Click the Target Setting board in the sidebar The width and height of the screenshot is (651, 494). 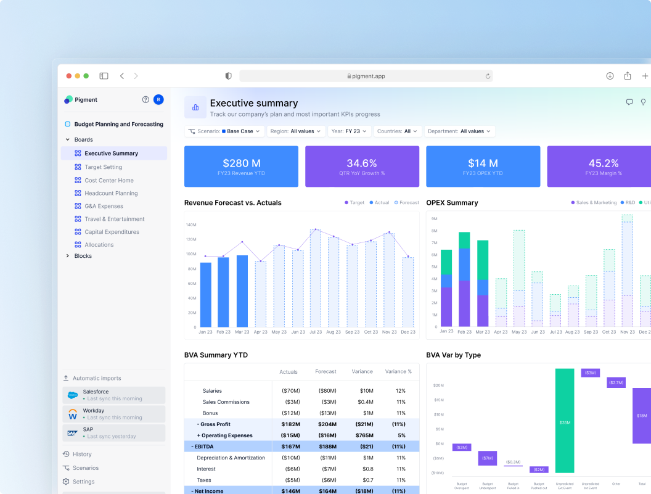pyautogui.click(x=103, y=167)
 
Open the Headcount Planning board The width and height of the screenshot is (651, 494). pyautogui.click(x=111, y=193)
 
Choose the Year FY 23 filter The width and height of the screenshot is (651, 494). pyautogui.click(x=349, y=131)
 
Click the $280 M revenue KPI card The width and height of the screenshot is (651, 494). pyautogui.click(x=241, y=167)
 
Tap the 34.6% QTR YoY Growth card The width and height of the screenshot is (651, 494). pyautogui.click(x=362, y=167)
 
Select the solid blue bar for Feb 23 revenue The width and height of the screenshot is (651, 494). pyautogui.click(x=223, y=292)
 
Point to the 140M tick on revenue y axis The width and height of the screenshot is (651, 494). pyautogui.click(x=190, y=224)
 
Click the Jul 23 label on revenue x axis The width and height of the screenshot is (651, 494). pyautogui.click(x=315, y=332)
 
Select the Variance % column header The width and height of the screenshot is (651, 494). pyautogui.click(x=398, y=372)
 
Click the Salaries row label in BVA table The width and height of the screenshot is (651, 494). pyautogui.click(x=212, y=391)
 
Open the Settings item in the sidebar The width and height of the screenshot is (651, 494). pyautogui.click(x=83, y=482)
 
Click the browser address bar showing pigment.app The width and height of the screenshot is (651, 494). pyautogui.click(x=366, y=76)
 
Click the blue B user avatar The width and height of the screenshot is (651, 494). pyautogui.click(x=158, y=99)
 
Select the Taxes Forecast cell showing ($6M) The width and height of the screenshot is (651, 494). pyautogui.click(x=327, y=480)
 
